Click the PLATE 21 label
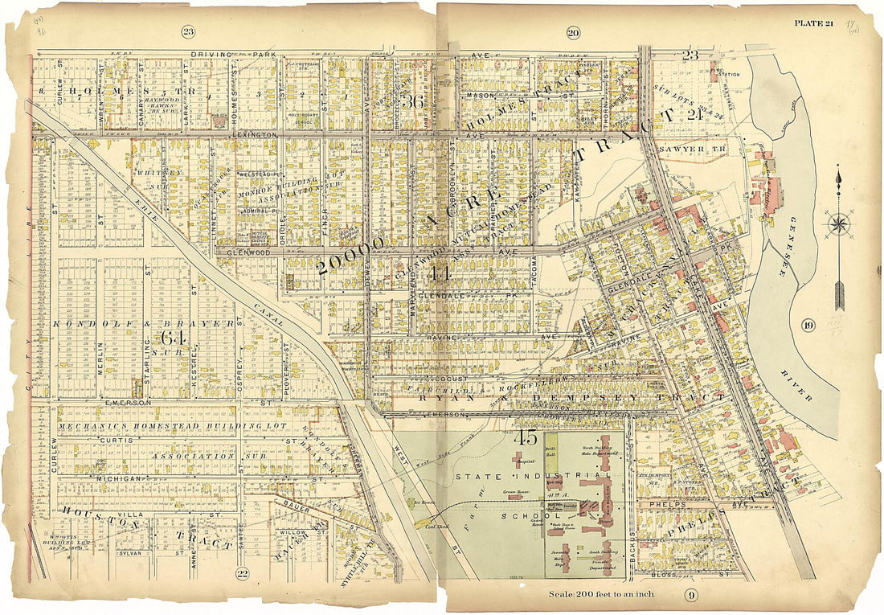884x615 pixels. [813, 23]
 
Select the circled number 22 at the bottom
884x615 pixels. [242, 573]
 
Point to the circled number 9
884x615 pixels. [690, 596]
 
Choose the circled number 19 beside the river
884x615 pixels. [808, 325]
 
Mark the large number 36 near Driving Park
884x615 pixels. [414, 102]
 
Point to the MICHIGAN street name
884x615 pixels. [117, 478]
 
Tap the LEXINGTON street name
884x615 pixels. [252, 135]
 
